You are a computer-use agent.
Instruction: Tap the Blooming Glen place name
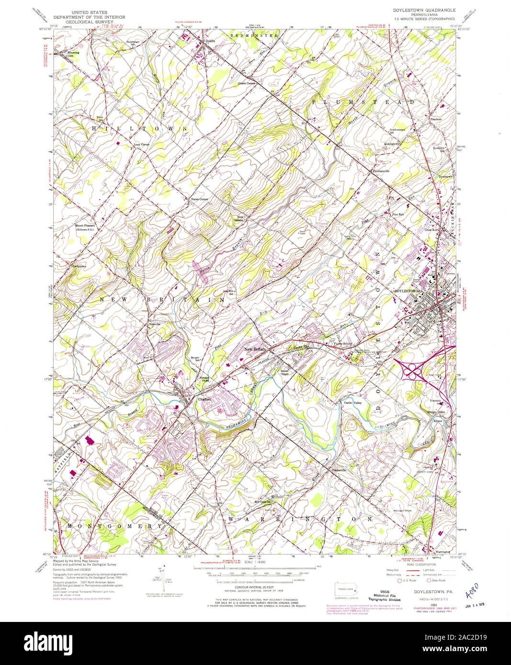73,54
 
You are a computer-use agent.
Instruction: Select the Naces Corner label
199,199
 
